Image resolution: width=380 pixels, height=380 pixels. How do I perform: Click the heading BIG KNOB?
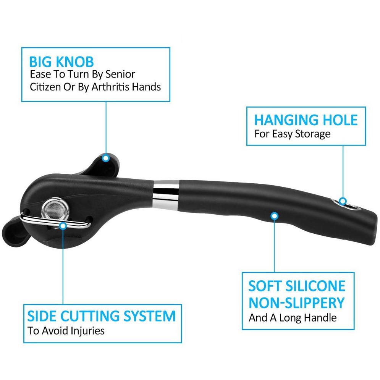point(61,62)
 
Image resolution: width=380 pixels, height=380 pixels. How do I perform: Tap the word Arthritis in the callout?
point(110,87)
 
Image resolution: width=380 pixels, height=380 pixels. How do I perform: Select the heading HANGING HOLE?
point(306,120)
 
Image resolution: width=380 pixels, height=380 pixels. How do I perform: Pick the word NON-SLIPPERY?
point(297,303)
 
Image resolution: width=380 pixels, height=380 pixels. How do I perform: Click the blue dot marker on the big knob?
point(106,158)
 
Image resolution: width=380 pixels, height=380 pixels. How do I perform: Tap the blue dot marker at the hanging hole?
point(343,201)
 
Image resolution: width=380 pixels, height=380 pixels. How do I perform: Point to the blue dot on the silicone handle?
point(274,216)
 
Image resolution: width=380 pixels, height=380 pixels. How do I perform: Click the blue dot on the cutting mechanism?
point(63,226)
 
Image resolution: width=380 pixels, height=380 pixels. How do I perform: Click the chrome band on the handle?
point(166,195)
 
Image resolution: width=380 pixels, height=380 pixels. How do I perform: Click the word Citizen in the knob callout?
point(45,87)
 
